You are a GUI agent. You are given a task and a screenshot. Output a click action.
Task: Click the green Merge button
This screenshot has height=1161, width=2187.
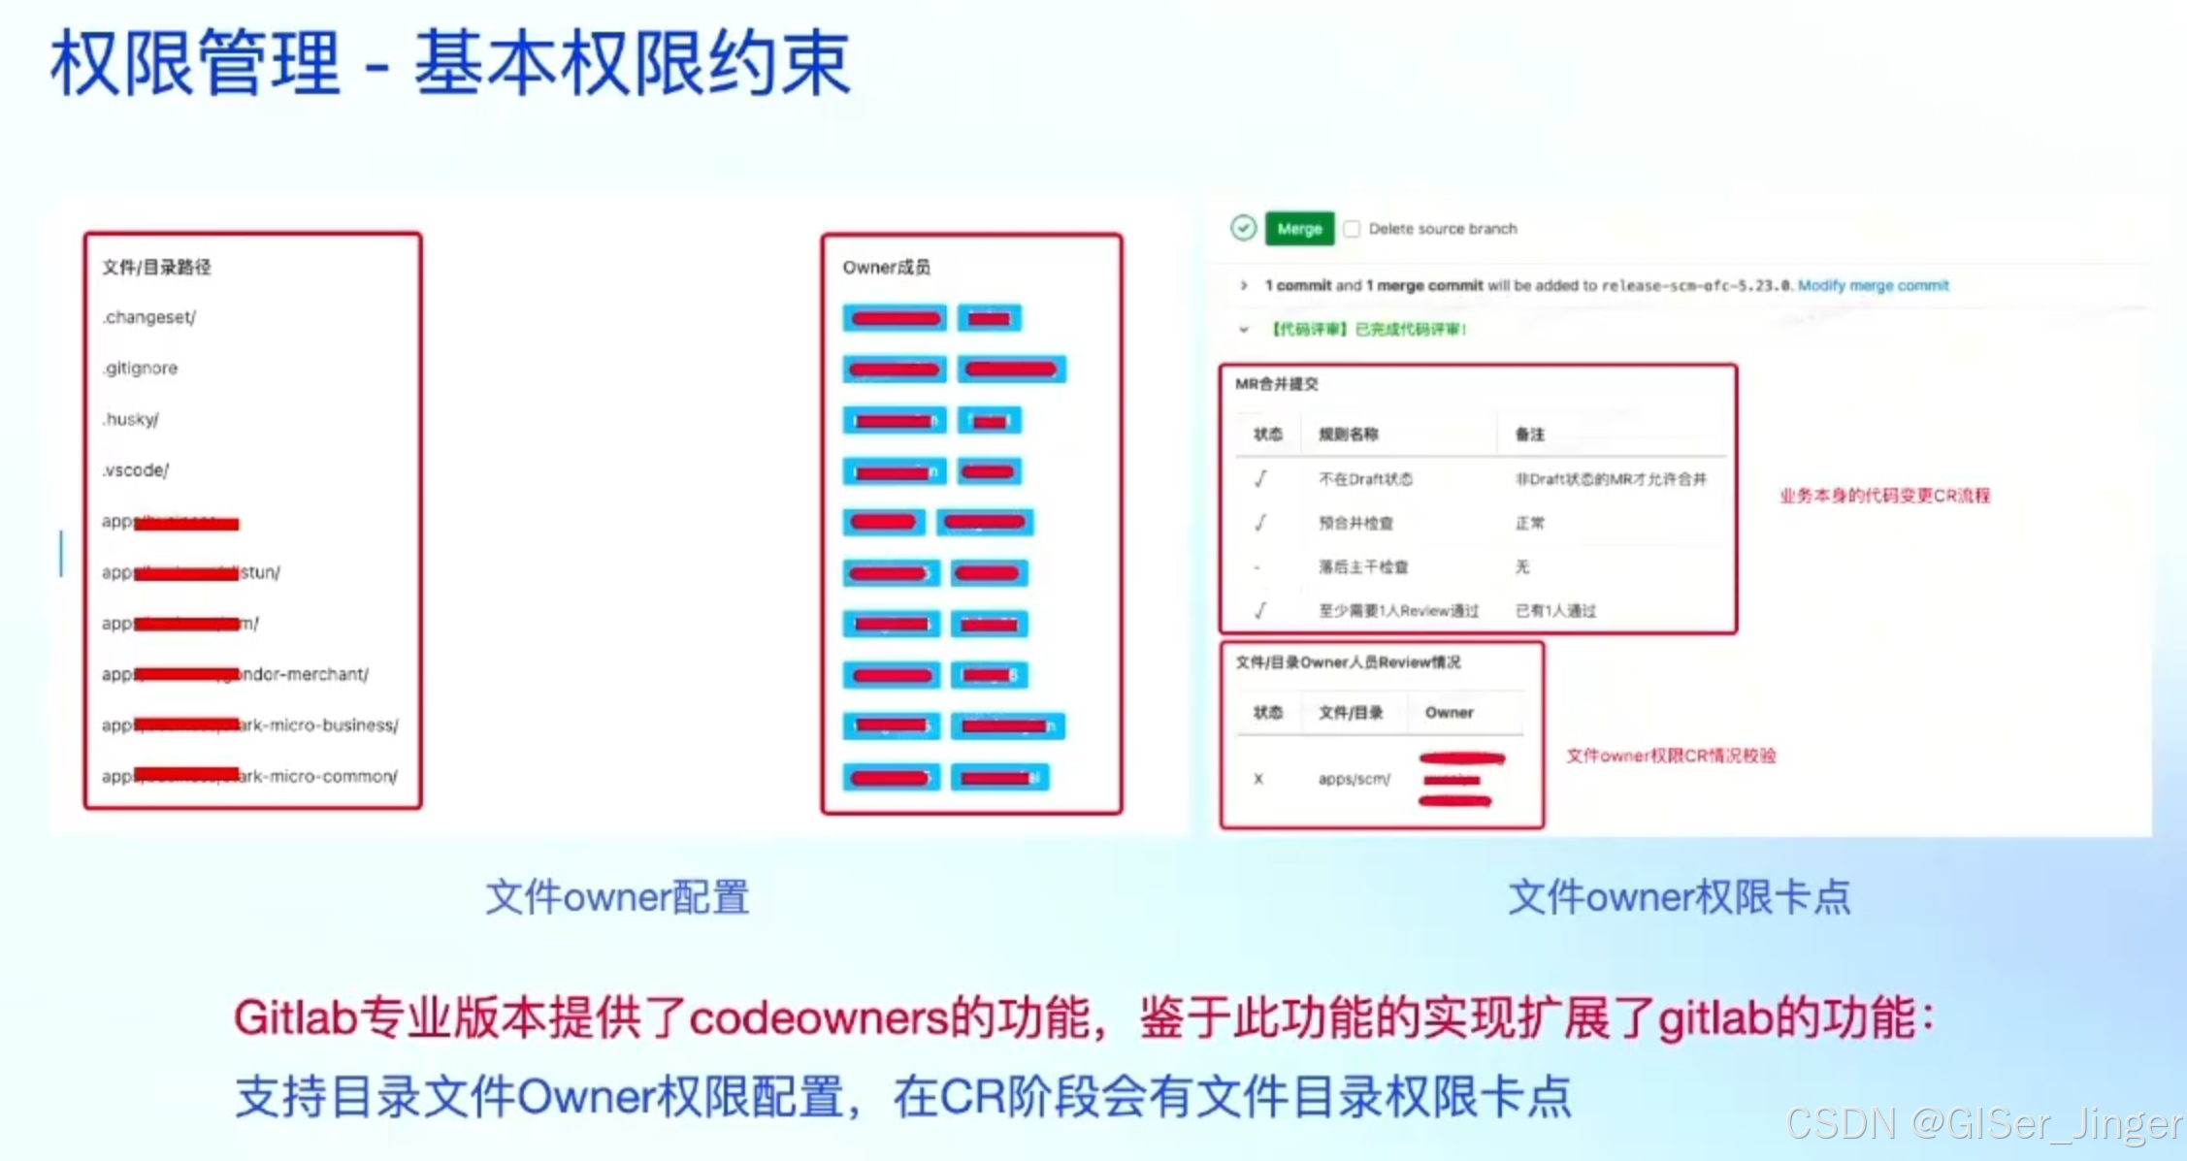pyautogui.click(x=1299, y=229)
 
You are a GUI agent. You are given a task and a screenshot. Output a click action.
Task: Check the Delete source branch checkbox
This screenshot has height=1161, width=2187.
pyautogui.click(x=1352, y=229)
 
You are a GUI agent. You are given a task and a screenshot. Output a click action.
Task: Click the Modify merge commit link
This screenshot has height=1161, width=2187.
pyautogui.click(x=1873, y=285)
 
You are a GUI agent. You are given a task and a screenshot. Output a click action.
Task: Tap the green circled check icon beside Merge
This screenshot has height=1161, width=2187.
pyautogui.click(x=1243, y=228)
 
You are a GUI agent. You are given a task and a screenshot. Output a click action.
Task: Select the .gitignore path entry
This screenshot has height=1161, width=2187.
pyautogui.click(x=141, y=369)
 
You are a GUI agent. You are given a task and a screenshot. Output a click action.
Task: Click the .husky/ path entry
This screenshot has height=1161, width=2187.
pyautogui.click(x=130, y=419)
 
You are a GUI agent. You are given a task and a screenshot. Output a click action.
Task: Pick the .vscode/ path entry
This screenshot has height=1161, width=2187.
pyautogui.click(x=135, y=470)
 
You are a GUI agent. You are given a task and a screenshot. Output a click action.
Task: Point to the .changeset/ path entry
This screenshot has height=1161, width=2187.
pyautogui.click(x=149, y=317)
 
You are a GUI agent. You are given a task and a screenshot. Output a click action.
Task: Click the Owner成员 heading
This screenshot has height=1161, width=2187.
pyautogui.click(x=886, y=267)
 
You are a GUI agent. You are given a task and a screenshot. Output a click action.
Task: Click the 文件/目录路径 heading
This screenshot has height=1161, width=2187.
pyautogui.click(x=156, y=267)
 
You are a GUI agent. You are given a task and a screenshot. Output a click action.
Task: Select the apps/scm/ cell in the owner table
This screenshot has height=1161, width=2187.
pyautogui.click(x=1354, y=779)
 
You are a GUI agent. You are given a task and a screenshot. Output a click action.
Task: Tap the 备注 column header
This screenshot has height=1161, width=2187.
pyautogui.click(x=1529, y=435)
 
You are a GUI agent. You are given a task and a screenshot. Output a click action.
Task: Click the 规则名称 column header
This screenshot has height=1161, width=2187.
pyautogui.click(x=1348, y=435)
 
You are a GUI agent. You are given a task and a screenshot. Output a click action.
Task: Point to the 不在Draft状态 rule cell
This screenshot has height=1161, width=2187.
pyautogui.click(x=1365, y=479)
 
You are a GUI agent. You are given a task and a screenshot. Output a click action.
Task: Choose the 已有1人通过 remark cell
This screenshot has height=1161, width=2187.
pyautogui.click(x=1555, y=610)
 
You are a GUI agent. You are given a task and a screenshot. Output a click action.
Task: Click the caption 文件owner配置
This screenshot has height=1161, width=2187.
pyautogui.click(x=617, y=897)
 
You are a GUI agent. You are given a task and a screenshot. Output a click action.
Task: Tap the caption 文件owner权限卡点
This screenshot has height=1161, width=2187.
pyautogui.click(x=1679, y=897)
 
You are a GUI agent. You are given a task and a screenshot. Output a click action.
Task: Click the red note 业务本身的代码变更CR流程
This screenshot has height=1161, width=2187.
pyautogui.click(x=1884, y=496)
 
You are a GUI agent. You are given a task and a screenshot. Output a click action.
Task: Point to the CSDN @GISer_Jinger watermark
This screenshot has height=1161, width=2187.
pyautogui.click(x=1984, y=1123)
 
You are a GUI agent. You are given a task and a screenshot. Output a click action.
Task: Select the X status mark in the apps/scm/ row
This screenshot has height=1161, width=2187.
pyautogui.click(x=1258, y=779)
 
